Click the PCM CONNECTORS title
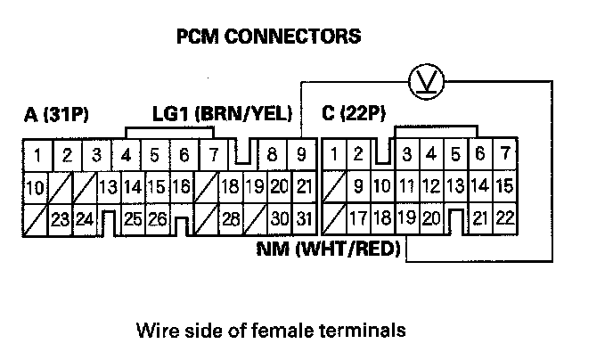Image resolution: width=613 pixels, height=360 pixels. pos(268,37)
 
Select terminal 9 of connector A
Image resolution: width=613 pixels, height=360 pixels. pos(302,155)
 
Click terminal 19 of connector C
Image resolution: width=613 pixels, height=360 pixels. pos(406,217)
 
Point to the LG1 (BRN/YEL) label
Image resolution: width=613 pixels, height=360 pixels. pos(217,115)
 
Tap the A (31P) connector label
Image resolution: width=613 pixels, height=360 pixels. pos(59,115)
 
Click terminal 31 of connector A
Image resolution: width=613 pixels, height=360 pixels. pos(303,217)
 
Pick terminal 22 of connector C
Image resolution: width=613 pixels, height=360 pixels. pos(504,217)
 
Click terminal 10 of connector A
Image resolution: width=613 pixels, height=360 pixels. pos(36,187)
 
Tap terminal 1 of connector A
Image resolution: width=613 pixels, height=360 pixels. pos(37,155)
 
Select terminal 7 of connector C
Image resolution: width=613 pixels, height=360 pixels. pos(505,154)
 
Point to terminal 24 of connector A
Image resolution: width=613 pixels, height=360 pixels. pos(86,217)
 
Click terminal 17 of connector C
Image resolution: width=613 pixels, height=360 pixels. pos(358,217)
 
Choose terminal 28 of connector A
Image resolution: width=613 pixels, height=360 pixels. pos(230,217)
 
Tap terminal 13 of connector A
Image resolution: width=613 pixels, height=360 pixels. pos(109,187)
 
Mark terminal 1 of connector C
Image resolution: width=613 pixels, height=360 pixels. pos(334,155)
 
